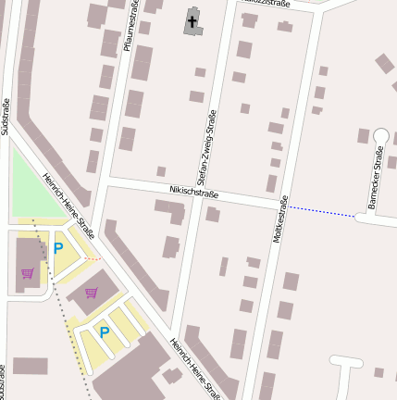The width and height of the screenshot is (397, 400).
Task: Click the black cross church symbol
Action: pos(193,19)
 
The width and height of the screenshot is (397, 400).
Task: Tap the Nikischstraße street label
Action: pos(193,192)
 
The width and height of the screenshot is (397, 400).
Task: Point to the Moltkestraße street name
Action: pos(280,219)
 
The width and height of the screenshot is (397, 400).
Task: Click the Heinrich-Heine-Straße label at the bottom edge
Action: pos(194,369)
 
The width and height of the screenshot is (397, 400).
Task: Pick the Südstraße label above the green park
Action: pos(6,117)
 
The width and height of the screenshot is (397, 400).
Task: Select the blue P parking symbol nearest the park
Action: pos(58,248)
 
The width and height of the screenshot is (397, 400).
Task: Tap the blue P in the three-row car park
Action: pos(105,331)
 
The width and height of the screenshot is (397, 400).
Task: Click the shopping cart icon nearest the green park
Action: pos(28,273)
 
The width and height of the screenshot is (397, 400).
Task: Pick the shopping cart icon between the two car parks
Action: pos(91,293)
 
